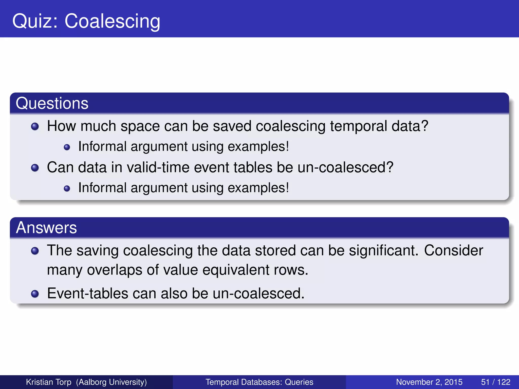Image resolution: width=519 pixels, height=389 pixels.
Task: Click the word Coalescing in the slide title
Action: point(112,21)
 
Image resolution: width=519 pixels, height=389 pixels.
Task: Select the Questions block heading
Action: point(52,103)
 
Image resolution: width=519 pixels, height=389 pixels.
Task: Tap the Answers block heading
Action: point(46,227)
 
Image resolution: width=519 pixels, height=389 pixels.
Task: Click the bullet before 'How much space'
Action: point(35,126)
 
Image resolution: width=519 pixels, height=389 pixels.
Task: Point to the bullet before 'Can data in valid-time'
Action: point(35,168)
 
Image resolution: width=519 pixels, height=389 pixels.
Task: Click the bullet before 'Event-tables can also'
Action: point(35,294)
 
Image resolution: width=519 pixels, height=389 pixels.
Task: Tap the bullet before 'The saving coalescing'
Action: point(35,251)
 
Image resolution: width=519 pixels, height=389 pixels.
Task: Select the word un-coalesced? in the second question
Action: point(345,167)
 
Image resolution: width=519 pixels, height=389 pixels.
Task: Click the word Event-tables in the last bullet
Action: point(88,293)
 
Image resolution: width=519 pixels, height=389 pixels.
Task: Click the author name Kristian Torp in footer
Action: point(49,382)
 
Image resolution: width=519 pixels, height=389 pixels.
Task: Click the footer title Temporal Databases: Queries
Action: point(259,382)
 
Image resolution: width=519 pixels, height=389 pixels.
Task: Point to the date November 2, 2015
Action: point(429,382)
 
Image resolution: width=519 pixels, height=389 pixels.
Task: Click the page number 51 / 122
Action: point(495,382)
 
